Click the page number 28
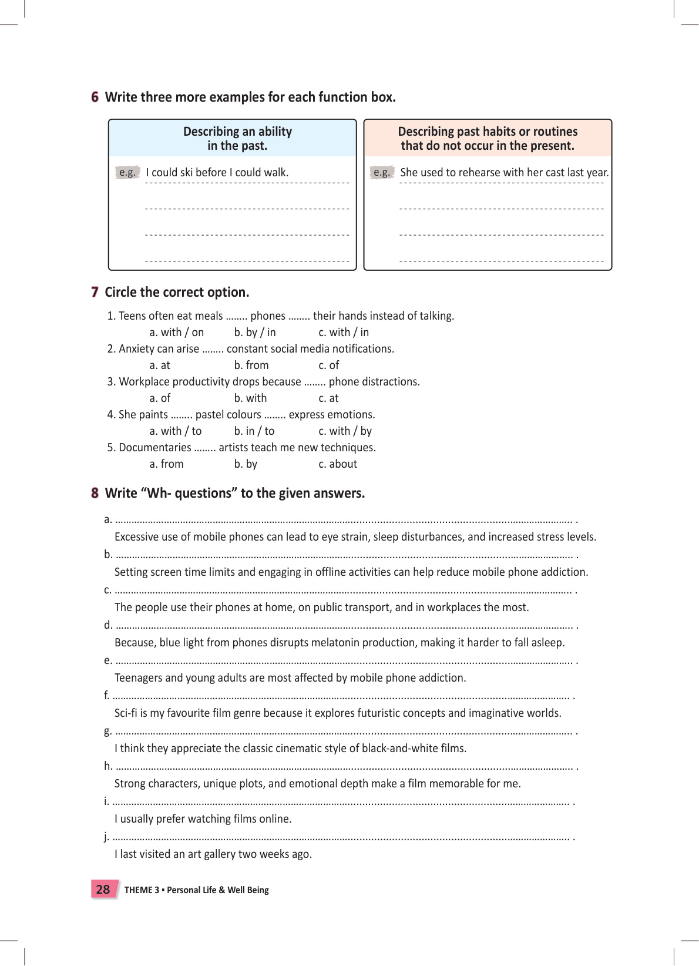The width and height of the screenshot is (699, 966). (x=103, y=890)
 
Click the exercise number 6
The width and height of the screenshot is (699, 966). (x=95, y=97)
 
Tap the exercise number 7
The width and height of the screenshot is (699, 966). (x=95, y=292)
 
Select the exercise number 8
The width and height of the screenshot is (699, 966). (x=95, y=493)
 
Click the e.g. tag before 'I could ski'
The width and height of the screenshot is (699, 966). (x=127, y=172)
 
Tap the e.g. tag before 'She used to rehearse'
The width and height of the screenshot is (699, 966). (x=382, y=172)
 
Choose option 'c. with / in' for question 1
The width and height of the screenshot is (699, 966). (x=344, y=333)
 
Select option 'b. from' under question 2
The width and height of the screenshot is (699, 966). (x=251, y=365)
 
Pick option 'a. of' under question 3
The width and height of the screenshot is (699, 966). (x=160, y=398)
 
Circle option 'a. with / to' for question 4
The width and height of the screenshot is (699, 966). (x=175, y=431)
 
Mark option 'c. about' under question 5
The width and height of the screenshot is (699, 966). (x=338, y=464)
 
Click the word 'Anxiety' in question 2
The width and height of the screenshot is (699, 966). (x=136, y=349)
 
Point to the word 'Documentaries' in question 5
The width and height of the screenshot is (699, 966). (x=155, y=448)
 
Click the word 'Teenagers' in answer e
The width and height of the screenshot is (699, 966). (x=138, y=678)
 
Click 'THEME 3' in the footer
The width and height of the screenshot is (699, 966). (x=142, y=890)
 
